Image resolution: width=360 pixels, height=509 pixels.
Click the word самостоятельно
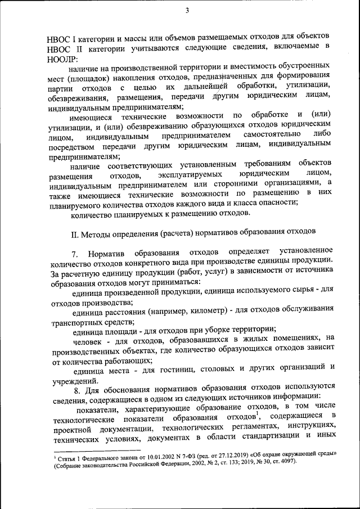pyautogui.click(x=267, y=136)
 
